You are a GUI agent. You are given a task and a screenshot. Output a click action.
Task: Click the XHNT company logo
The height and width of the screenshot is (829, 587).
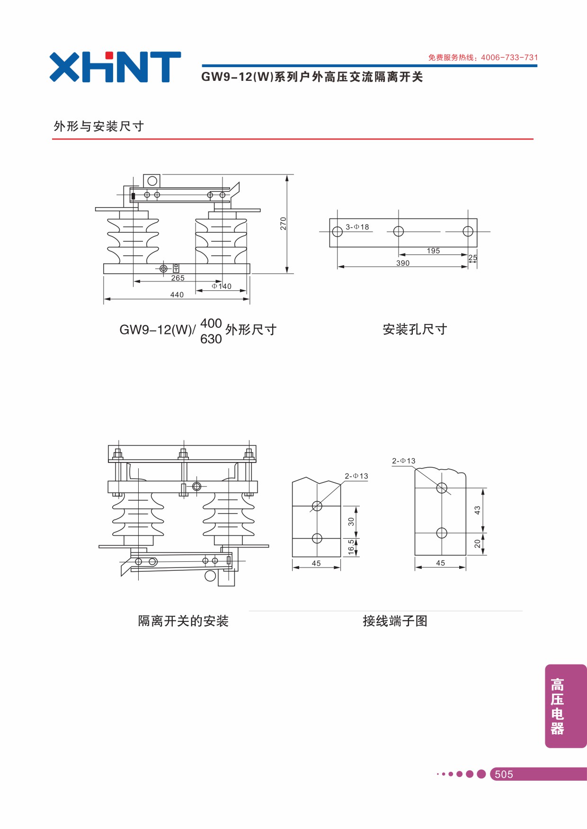pos(115,67)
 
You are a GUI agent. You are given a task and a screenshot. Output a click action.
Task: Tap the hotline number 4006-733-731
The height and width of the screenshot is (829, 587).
pos(509,58)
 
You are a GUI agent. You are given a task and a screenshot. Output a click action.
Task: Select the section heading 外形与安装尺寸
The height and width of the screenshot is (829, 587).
pos(98,126)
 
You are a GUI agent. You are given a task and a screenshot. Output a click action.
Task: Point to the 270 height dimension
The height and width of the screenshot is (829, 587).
pos(283,223)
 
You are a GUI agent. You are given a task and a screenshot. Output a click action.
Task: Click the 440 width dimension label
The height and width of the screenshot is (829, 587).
pos(177,295)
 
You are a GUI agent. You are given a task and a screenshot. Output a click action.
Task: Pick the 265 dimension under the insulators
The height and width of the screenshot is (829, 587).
pos(178,278)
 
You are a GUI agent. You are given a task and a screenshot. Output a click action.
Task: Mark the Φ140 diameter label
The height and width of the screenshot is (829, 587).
pos(222,286)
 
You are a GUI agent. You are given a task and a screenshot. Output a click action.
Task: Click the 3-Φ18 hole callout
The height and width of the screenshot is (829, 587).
pos(357,227)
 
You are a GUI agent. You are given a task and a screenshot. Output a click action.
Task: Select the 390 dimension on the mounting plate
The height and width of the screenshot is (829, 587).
pos(403,263)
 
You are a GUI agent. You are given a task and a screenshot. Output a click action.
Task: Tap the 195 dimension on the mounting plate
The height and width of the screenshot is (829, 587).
pos(433,251)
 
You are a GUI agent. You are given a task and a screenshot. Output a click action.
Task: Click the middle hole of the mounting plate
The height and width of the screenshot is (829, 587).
pos(399,231)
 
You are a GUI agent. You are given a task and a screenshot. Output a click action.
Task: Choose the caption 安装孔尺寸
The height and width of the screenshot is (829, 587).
pos(415,329)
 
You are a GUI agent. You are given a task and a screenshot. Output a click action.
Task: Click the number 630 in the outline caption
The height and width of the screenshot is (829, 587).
pos(211,339)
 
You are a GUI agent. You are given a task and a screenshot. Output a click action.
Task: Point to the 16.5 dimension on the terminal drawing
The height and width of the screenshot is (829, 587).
pos(351,547)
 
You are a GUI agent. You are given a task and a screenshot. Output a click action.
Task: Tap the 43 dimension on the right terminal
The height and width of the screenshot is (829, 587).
pos(477,510)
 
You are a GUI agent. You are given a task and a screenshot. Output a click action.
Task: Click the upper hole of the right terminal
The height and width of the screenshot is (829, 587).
pos(442,488)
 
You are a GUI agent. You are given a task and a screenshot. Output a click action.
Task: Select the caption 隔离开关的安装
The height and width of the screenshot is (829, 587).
pos(183,621)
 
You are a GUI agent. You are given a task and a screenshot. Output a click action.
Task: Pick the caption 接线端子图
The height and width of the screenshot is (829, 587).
pos(395,621)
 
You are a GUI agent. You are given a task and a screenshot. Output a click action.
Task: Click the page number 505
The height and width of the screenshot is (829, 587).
pos(504,774)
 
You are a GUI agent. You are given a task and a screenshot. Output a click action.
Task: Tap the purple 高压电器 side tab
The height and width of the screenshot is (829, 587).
pos(566,706)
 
